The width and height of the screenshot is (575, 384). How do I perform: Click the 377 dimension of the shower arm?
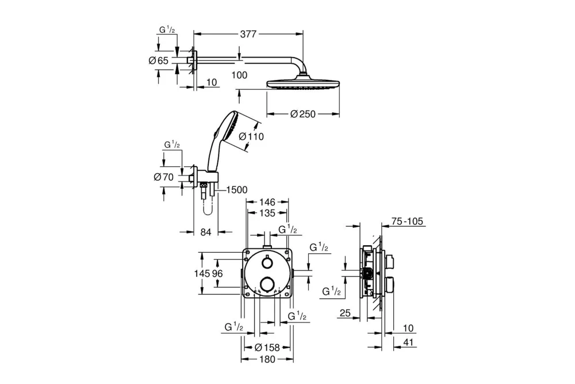[248, 35]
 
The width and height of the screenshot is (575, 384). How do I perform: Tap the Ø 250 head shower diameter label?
[304, 114]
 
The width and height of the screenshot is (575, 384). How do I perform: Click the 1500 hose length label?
[236, 190]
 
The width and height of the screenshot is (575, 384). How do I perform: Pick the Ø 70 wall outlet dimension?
[164, 177]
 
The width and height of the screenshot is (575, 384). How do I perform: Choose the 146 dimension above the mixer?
[267, 202]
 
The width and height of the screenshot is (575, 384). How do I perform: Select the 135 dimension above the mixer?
[267, 212]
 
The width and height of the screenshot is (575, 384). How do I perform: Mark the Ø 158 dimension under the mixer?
[266, 347]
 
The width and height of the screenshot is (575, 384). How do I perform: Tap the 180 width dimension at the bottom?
[267, 359]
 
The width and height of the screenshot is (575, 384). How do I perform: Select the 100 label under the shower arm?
[240, 75]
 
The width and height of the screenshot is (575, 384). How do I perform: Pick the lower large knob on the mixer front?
[266, 284]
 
